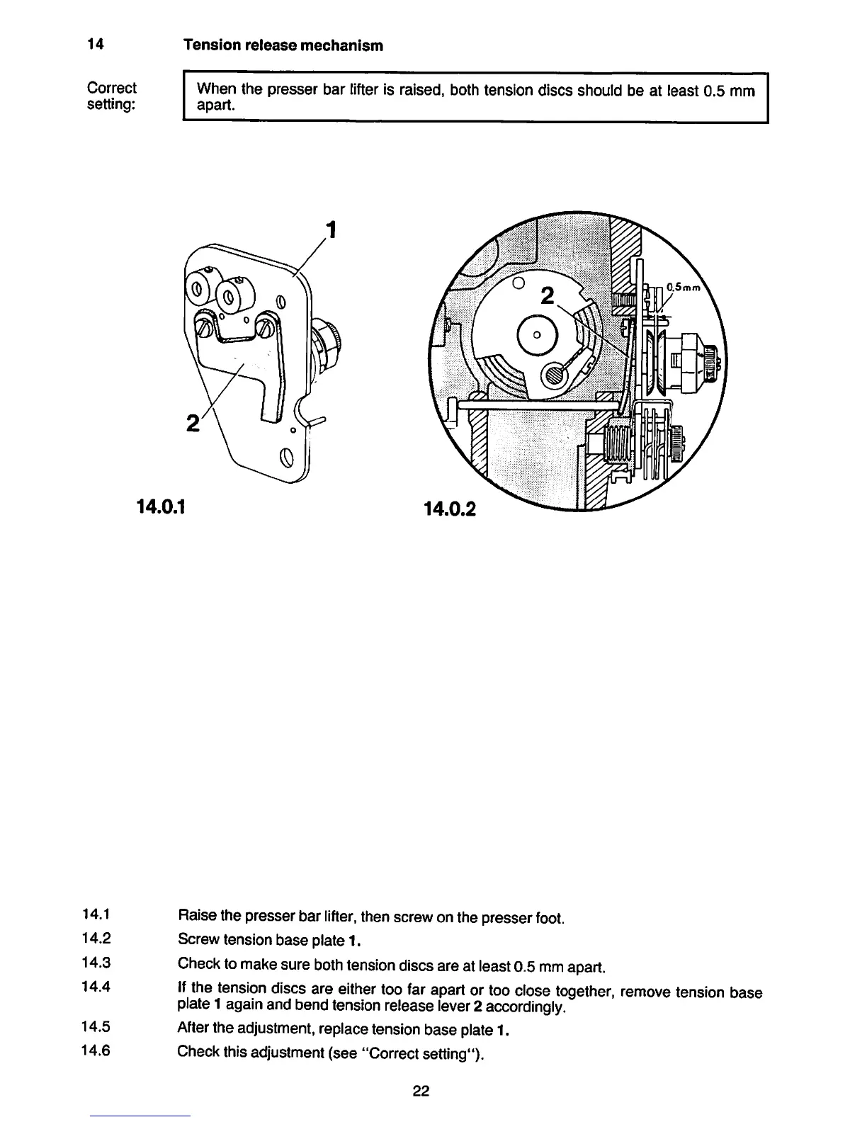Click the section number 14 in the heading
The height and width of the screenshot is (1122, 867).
coord(96,45)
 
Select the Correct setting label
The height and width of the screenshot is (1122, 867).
coord(111,97)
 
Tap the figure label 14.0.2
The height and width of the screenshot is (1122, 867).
coord(450,509)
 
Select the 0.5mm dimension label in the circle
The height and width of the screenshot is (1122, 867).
coord(683,288)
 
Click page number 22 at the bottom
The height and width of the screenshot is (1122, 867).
coord(421,1091)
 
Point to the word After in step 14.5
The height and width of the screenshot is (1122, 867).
coord(192,1028)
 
